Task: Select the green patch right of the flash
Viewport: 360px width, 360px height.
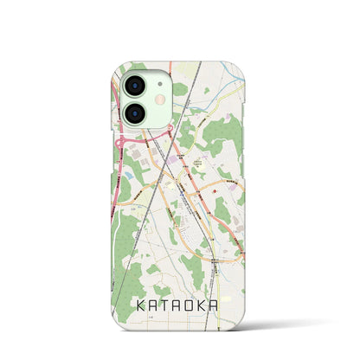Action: point(179,89)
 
